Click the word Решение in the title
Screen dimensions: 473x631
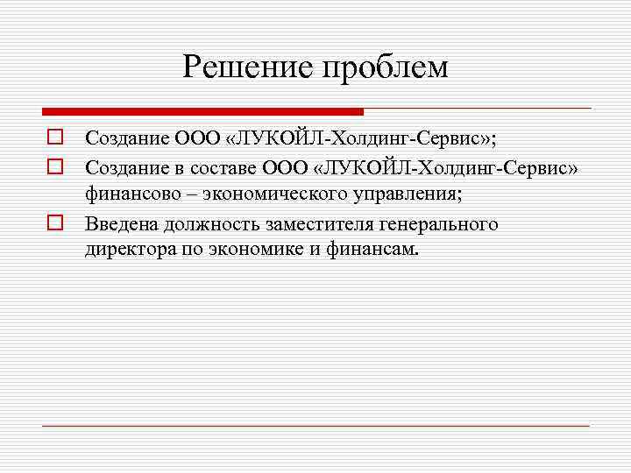tap(248, 67)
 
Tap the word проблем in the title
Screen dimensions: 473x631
tap(386, 68)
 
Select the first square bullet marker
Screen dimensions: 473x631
tap(53, 138)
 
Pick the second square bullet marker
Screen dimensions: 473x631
tap(53, 164)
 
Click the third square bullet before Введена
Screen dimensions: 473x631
tap(53, 223)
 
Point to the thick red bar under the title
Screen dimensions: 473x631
tap(202, 112)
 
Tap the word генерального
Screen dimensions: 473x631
tap(436, 224)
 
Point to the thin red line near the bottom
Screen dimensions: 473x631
tap(315, 426)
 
